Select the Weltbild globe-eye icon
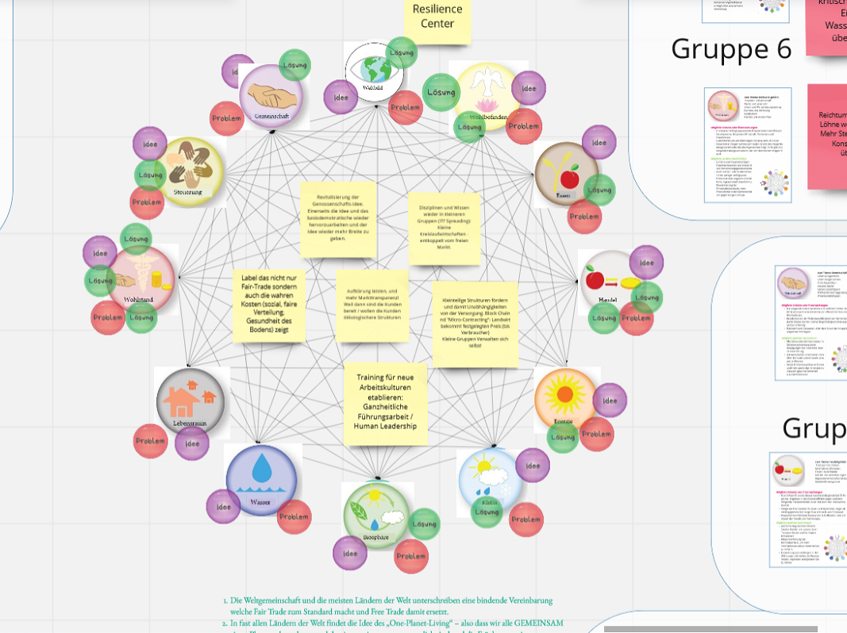click(373, 71)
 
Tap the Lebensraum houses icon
click(191, 401)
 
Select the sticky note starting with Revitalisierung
click(337, 218)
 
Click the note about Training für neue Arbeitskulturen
click(385, 403)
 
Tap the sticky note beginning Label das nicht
click(269, 304)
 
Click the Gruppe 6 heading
click(731, 49)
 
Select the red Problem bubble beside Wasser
click(294, 516)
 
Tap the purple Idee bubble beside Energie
click(609, 401)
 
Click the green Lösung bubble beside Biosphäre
click(425, 524)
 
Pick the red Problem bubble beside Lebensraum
click(150, 441)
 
